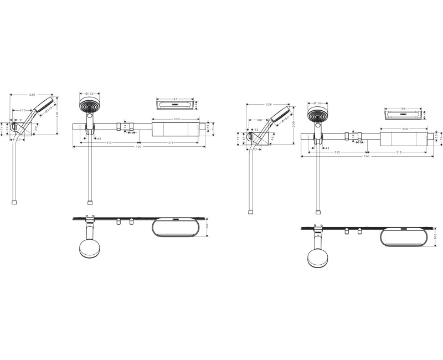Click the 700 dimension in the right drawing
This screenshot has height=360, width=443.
click(367, 157)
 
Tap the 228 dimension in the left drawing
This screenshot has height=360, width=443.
click(32, 94)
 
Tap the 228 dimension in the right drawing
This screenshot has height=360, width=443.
click(269, 104)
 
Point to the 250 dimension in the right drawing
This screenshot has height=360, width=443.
click(405, 128)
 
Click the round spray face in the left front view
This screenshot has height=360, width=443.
click(89, 106)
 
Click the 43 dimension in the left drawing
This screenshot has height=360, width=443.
click(98, 138)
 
